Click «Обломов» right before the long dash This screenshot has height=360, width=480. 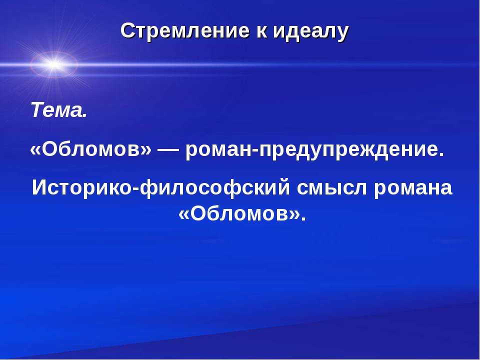tap(90, 149)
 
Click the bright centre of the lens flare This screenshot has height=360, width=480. tap(53, 64)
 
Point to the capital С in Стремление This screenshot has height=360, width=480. tap(127, 31)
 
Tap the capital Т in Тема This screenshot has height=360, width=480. tap(37, 110)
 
